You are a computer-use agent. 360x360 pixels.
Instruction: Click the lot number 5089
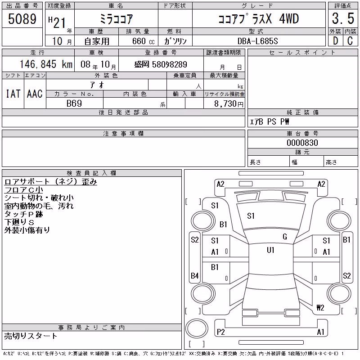click(x=22, y=18)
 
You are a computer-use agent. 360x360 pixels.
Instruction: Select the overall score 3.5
click(x=343, y=18)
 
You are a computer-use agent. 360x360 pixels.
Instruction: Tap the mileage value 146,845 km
click(x=46, y=64)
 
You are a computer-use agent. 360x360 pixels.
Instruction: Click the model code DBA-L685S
click(x=257, y=41)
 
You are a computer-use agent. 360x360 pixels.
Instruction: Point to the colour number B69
click(x=74, y=103)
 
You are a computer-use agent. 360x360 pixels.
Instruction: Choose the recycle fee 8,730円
click(x=229, y=104)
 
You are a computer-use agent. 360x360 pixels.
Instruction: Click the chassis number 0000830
click(x=302, y=143)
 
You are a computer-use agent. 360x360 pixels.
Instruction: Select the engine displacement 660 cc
click(x=144, y=41)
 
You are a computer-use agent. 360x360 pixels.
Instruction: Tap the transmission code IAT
click(x=13, y=94)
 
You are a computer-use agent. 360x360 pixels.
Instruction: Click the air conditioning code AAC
click(x=35, y=94)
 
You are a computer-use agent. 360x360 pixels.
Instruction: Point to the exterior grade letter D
click(x=335, y=41)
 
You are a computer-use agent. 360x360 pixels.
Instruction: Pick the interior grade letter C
click(x=350, y=41)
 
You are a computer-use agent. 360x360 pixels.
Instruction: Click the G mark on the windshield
click(x=285, y=237)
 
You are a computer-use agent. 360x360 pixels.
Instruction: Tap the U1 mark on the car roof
click(x=271, y=250)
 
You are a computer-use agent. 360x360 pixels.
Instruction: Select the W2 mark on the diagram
click(x=320, y=307)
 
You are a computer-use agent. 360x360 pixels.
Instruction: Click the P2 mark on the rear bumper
click(x=220, y=332)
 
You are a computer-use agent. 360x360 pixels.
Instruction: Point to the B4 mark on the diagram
click(x=195, y=275)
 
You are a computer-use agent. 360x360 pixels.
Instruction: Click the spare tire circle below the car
click(x=197, y=328)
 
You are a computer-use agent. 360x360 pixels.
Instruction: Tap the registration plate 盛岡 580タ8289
click(x=161, y=64)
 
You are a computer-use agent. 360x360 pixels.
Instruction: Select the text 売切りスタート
click(x=31, y=336)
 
